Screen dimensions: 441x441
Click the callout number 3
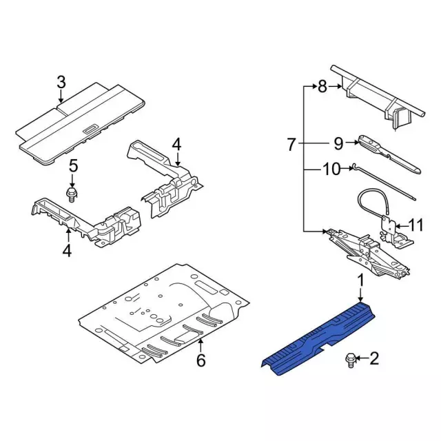61,83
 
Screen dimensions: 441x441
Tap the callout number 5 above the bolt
74,166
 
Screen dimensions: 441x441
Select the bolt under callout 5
72,195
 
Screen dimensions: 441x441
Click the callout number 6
201,360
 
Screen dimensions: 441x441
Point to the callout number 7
291,145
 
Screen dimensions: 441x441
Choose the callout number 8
322,87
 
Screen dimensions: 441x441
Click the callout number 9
338,144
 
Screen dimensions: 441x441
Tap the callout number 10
331,170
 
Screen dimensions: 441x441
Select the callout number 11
416,225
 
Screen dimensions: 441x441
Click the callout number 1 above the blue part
360,282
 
